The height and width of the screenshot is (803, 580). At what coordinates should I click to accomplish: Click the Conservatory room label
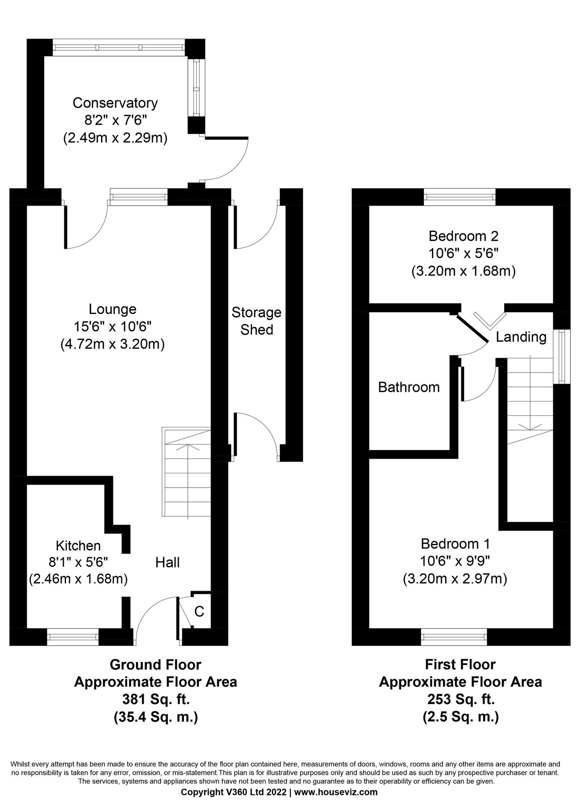coord(115,103)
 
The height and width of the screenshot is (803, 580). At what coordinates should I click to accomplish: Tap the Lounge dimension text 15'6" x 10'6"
coord(113,327)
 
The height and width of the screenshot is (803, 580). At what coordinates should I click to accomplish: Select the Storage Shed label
coord(257,321)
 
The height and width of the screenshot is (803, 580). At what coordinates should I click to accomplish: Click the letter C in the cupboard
coord(199,611)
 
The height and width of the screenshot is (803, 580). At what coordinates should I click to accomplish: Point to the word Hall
coord(167,563)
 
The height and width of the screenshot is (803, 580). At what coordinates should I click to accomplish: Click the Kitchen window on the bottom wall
coord(73,637)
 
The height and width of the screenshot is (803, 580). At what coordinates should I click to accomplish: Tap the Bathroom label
coord(409,387)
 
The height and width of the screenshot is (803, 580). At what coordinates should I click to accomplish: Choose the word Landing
coord(521,337)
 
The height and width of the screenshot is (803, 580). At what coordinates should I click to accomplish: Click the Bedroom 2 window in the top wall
coord(460,197)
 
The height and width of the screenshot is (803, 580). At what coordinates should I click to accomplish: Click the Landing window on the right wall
coord(562,356)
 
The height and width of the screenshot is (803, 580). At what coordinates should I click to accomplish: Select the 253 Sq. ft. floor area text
coord(460,699)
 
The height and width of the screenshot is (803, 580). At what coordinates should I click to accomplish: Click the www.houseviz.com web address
coord(336,792)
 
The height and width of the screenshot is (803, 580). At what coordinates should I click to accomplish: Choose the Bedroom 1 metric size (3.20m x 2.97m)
coord(455,579)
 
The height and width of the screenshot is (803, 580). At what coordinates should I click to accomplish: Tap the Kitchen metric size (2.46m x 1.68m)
coord(79,579)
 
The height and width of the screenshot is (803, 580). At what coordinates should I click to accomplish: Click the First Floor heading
coord(460,665)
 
